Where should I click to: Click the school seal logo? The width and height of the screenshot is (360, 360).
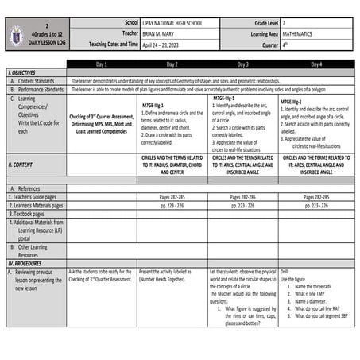18,35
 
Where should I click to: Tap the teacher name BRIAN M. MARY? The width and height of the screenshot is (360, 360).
160,35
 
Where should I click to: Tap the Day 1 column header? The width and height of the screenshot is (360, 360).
101,64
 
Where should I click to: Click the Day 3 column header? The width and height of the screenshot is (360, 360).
242,64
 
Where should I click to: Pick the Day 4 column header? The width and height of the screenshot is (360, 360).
315,64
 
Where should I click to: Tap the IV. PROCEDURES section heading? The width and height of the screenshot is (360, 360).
25,262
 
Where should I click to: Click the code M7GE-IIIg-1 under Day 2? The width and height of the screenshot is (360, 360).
154,104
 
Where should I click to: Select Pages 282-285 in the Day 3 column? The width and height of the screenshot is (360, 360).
242,196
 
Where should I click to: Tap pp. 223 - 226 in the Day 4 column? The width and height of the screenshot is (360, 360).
315,205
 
